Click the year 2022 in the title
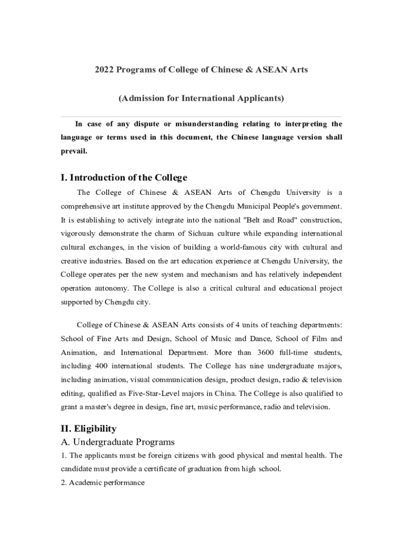[x=104, y=69]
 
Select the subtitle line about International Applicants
[x=201, y=98]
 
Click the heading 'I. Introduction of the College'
[x=124, y=178]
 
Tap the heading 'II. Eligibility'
[x=89, y=429]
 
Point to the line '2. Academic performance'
[x=103, y=483]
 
